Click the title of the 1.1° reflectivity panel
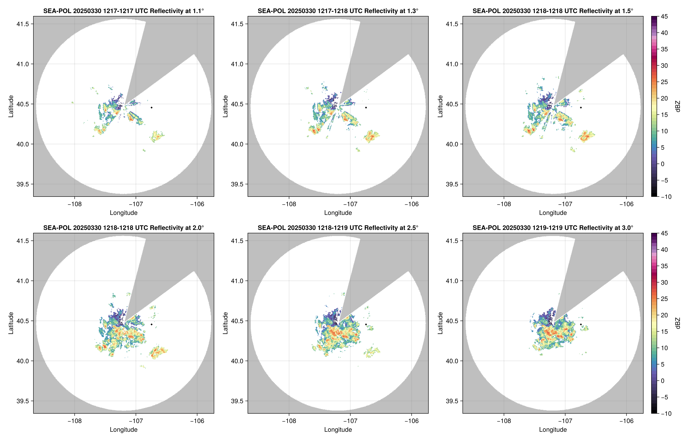tap(123, 11)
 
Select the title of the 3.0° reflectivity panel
tap(553, 228)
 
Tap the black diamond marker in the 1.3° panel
tap(366, 108)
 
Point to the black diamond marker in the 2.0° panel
tap(151, 325)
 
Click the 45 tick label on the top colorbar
tap(664, 17)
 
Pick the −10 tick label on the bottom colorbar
tap(666, 413)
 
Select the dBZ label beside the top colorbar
tap(677, 106)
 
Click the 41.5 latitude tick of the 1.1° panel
tap(23, 24)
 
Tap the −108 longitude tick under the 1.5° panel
tap(504, 204)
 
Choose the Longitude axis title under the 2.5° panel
tap(338, 429)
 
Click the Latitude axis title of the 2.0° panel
tap(11, 323)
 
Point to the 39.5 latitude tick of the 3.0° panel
tap(452, 401)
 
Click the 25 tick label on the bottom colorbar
tap(664, 299)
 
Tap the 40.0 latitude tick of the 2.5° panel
tap(237, 361)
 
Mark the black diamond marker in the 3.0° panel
tap(581, 325)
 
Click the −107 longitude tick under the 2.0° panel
tap(136, 421)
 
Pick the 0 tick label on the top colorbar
tap(662, 164)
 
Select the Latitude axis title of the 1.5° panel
tap(440, 106)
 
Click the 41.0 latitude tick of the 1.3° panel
tap(237, 64)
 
